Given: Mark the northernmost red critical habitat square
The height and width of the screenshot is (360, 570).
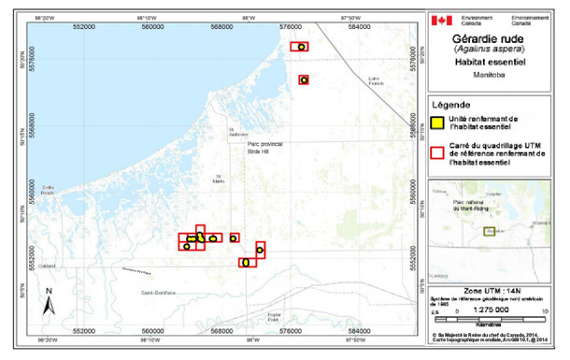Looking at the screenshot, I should pyautogui.click(x=299, y=46).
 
